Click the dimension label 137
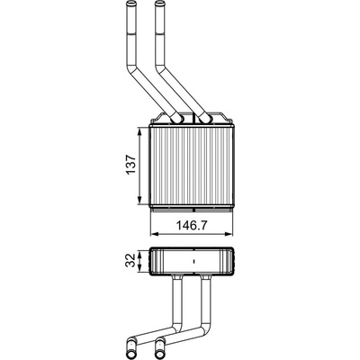pyautogui.click(x=131, y=165)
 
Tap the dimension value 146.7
pyautogui.click(x=192, y=225)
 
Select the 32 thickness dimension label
pyautogui.click(x=130, y=260)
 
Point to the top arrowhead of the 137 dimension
pyautogui.click(x=139, y=131)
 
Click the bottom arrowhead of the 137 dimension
pyautogui.click(x=139, y=201)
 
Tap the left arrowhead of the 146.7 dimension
pyautogui.click(x=154, y=234)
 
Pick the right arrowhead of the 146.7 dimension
pyautogui.click(x=229, y=234)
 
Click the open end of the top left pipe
pyautogui.click(x=130, y=4)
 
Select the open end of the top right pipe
pyautogui.click(x=160, y=4)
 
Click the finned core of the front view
pyautogui.click(x=191, y=166)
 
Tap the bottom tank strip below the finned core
pyautogui.click(x=191, y=208)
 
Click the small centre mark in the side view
pyautogui.click(x=194, y=261)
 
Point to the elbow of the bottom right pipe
pyautogui.click(x=206, y=328)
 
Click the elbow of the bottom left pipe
pyautogui.click(x=177, y=328)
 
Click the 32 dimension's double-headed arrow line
pyautogui.click(x=139, y=261)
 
